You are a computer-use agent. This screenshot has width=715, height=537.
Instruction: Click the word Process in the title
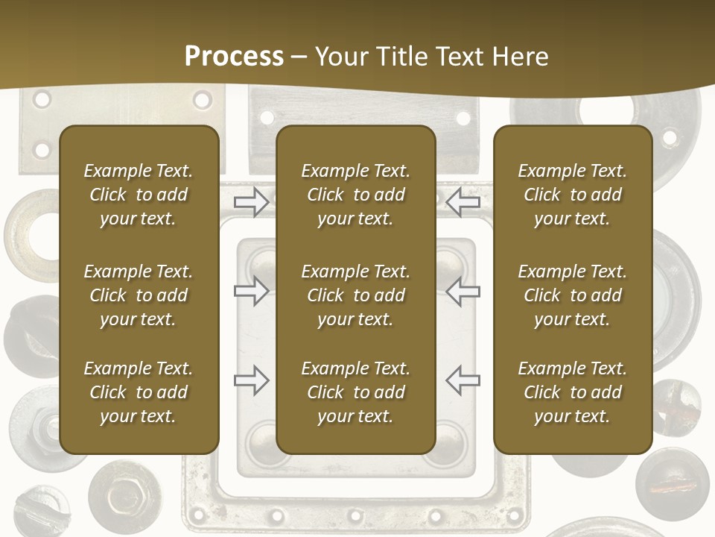point(234,57)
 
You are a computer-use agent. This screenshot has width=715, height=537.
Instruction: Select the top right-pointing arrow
point(252,201)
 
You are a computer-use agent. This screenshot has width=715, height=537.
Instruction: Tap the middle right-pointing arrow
point(252,291)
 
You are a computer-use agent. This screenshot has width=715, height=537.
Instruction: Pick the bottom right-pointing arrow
point(252,380)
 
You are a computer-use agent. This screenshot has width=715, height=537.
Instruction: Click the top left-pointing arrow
point(463,201)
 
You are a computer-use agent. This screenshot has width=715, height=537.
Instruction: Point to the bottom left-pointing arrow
point(463,380)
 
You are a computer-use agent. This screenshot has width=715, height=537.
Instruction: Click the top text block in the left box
point(139,195)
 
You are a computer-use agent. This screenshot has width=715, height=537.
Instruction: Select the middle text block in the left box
point(139,295)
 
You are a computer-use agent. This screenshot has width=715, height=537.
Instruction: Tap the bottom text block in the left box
point(139,392)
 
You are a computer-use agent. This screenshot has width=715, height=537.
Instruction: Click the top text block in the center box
point(355,195)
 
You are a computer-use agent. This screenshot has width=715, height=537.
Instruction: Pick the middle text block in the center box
point(355,295)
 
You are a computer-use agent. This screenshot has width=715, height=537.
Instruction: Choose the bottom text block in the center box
point(355,392)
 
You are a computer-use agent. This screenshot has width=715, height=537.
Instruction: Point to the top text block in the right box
point(573,195)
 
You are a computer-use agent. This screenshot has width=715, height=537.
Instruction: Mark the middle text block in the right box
point(573,295)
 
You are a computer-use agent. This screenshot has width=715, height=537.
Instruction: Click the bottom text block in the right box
point(573,392)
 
